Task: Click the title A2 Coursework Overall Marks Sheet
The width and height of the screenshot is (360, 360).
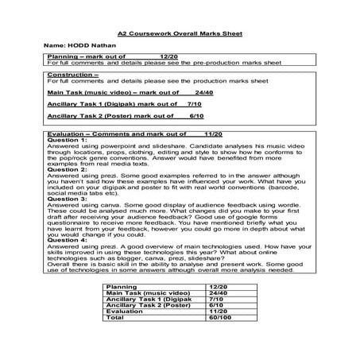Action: [180, 34]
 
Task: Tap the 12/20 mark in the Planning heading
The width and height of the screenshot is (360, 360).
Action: [168, 57]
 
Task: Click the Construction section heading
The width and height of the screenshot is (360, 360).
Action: [73, 74]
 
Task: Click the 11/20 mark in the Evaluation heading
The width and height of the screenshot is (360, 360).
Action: [211, 134]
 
